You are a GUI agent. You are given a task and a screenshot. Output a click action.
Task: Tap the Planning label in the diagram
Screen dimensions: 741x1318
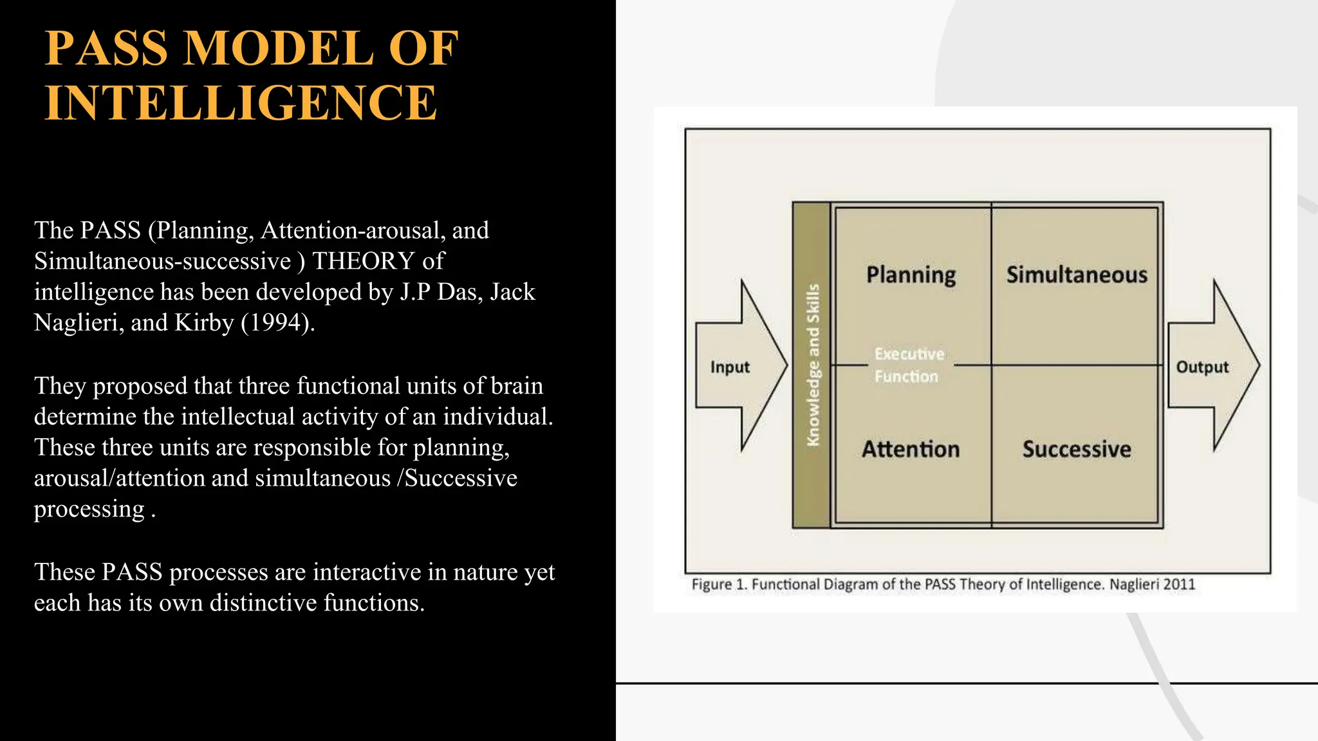pos(911,275)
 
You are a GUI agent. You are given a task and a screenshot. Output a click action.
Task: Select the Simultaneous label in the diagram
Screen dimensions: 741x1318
pos(1077,275)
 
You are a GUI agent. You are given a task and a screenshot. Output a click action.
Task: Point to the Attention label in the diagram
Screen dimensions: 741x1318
pos(911,449)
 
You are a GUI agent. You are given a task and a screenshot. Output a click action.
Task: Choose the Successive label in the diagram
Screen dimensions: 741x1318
pos(1077,449)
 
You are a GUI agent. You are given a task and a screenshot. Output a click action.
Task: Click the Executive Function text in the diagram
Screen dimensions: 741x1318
pos(908,365)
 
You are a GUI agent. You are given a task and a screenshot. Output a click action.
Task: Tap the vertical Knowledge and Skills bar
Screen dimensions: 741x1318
pos(812,365)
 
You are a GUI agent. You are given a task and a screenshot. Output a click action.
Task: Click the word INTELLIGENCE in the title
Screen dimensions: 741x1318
pos(241,103)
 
